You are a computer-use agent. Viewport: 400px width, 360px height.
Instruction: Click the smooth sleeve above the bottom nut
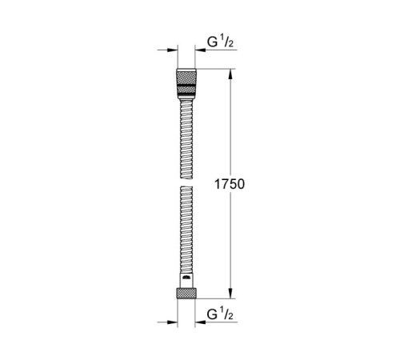click(x=185, y=278)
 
